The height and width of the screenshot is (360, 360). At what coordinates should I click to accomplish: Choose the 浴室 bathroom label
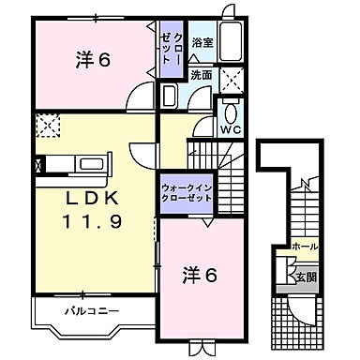(x=201, y=42)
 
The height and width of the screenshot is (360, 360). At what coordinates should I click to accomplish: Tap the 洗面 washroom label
(x=201, y=76)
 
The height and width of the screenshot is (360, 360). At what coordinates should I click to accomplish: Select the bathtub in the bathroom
(x=231, y=43)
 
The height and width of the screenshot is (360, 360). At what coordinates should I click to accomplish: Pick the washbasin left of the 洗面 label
(x=169, y=96)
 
